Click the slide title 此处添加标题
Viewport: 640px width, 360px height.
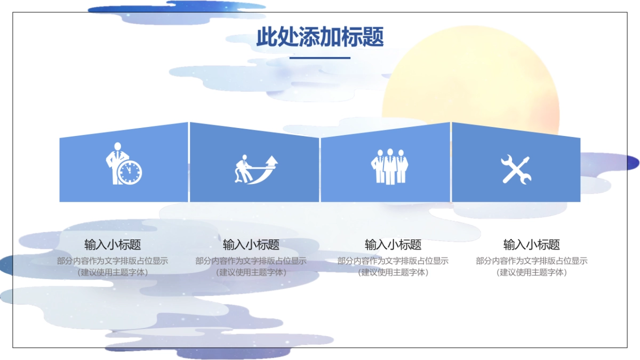click(320, 37)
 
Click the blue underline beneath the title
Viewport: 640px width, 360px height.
click(320, 58)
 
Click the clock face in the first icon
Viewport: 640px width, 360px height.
click(130, 172)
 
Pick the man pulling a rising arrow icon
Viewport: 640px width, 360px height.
click(257, 170)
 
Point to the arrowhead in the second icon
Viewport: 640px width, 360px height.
click(273, 160)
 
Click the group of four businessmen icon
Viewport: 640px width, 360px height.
click(389, 166)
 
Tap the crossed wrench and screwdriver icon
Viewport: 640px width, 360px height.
click(516, 170)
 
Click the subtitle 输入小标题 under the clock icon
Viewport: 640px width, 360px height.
click(113, 245)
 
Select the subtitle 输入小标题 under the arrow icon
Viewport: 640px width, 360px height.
click(251, 245)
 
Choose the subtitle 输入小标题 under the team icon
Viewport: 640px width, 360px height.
click(393, 245)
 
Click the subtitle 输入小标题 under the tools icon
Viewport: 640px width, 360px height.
click(532, 245)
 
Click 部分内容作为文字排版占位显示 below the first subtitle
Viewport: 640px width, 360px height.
click(113, 261)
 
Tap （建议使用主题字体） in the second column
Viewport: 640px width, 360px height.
click(251, 272)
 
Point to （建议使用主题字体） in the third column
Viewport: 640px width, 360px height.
click(393, 272)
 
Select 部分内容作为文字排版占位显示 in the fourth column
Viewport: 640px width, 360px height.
click(532, 261)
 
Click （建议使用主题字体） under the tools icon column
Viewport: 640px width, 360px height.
click(532, 272)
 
